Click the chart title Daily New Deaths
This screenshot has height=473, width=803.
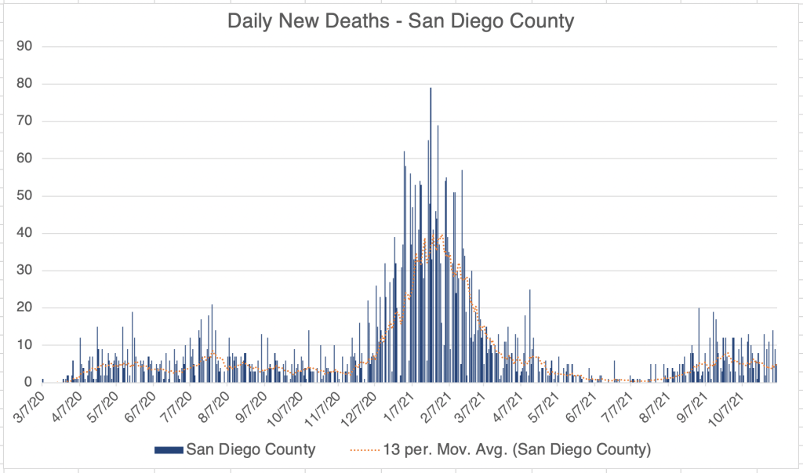(x=401, y=21)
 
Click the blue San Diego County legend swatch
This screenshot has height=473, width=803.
(x=169, y=449)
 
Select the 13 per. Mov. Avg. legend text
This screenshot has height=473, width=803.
(x=518, y=449)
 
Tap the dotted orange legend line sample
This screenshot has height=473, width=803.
(x=363, y=449)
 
